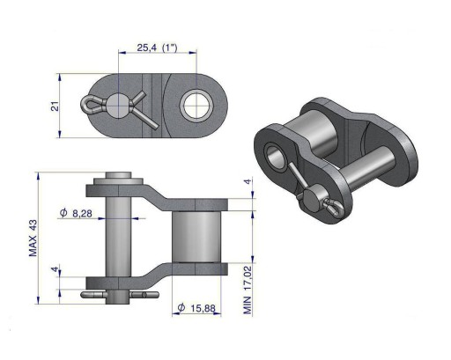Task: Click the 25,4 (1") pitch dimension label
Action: tap(157, 48)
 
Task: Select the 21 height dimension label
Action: tap(55, 107)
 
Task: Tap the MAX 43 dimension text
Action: tap(33, 238)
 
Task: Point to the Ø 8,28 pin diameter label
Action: tap(76, 213)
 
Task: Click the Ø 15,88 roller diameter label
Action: tap(196, 308)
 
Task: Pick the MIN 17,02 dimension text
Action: tap(248, 290)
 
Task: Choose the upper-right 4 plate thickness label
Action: tap(248, 181)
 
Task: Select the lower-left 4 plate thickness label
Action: tap(54, 269)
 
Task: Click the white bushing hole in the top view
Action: tap(196, 105)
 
